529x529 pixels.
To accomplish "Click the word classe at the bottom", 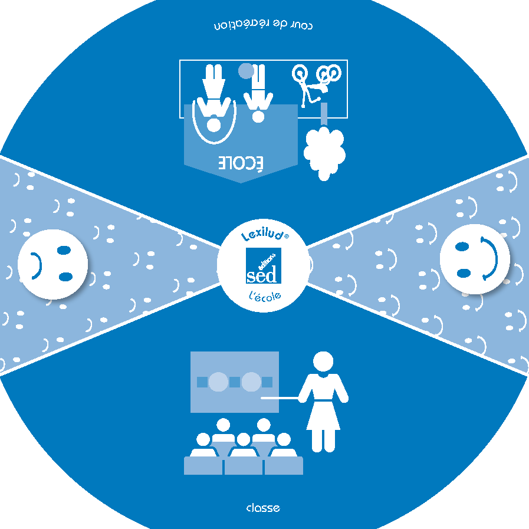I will pyautogui.click(x=263, y=508).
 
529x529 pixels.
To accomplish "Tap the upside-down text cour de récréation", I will pyautogui.click(x=263, y=26).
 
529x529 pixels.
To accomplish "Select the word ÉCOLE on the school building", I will pyautogui.click(x=242, y=163).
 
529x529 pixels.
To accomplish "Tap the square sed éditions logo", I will pyautogui.click(x=263, y=266).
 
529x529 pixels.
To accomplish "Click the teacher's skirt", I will pyautogui.click(x=323, y=414).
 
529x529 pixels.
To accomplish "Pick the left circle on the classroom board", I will pyautogui.click(x=218, y=382).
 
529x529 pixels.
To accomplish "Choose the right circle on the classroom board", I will pyautogui.click(x=251, y=382).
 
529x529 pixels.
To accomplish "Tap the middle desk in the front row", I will pyautogui.click(x=244, y=465).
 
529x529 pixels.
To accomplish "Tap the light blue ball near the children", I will pyautogui.click(x=246, y=71).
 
